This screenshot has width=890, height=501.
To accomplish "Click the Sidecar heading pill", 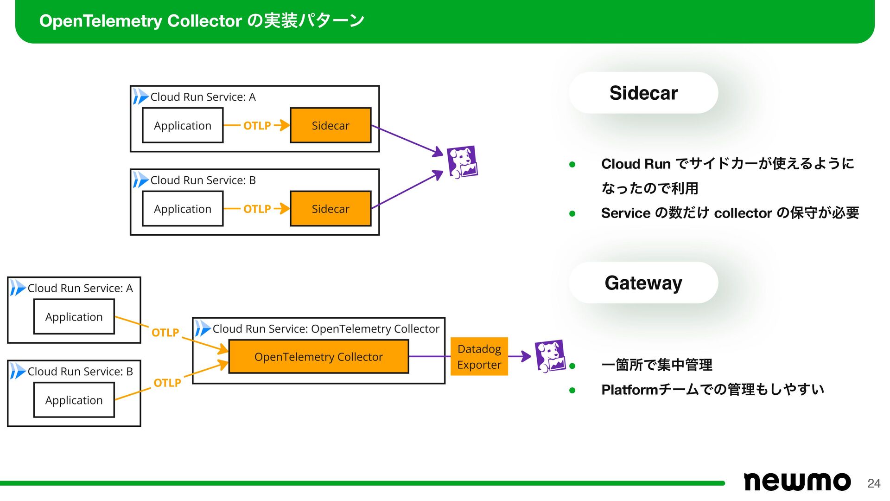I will (643, 93).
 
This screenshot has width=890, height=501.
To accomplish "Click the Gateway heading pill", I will (643, 283).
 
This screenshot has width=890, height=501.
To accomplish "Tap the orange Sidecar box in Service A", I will (331, 125).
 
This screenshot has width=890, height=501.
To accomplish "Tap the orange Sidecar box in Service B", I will (331, 209).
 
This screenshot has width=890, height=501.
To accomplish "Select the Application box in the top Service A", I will (183, 125).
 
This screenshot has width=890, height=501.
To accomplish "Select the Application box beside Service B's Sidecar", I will (183, 209).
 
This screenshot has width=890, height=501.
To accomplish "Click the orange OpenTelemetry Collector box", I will (318, 357).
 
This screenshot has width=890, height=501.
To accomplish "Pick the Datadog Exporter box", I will (479, 357).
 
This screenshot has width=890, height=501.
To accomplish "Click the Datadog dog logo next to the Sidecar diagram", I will (462, 162).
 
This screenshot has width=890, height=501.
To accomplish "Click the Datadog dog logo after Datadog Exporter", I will (550, 356).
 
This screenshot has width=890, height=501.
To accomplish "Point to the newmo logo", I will (797, 482).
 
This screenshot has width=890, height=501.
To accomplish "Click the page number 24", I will (874, 483).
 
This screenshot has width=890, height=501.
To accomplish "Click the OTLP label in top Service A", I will (257, 126).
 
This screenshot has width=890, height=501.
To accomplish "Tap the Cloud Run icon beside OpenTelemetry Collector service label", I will (202, 328).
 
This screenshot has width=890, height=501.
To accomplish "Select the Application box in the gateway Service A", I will (74, 317).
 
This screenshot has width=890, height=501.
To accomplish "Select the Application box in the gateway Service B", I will (74, 400).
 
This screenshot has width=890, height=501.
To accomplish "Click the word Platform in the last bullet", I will (629, 390).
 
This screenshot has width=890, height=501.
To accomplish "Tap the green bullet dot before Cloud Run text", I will (572, 164).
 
